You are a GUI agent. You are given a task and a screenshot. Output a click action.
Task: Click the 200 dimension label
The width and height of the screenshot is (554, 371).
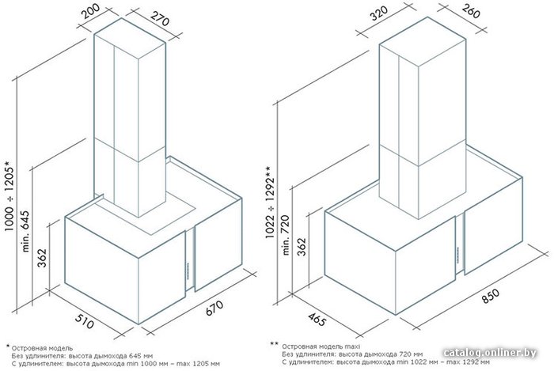tap(91, 11)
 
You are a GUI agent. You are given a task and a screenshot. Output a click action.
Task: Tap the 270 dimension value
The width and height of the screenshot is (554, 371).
tap(160, 19)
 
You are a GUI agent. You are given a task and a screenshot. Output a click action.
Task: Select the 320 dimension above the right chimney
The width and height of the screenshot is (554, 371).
tap(379, 13)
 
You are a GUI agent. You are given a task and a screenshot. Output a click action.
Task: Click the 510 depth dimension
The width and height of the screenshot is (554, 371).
tap(85, 320)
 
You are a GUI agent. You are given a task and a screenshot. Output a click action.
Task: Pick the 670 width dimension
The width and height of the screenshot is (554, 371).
tap(214, 309)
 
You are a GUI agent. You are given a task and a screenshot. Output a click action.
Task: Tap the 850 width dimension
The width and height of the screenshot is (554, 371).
tap(491, 296)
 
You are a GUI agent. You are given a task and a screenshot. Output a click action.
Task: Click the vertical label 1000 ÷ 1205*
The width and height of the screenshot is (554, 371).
tap(9, 196)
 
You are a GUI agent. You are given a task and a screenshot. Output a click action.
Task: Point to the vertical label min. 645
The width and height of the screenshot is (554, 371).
tap(25, 231)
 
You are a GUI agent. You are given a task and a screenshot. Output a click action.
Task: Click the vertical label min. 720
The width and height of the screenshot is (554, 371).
tap(286, 235)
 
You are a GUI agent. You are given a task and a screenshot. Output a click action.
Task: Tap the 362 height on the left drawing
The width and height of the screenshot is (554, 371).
tap(42, 258)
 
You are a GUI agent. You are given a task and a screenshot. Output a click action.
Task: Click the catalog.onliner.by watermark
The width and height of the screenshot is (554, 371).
tap(490, 353)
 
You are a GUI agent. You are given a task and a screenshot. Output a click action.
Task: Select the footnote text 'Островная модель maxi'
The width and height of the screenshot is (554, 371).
tap(321, 346)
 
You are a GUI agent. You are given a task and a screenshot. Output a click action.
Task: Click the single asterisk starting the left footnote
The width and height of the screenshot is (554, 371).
tap(8, 346)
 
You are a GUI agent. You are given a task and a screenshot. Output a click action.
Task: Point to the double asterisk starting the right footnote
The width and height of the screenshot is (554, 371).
tap(275, 344)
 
